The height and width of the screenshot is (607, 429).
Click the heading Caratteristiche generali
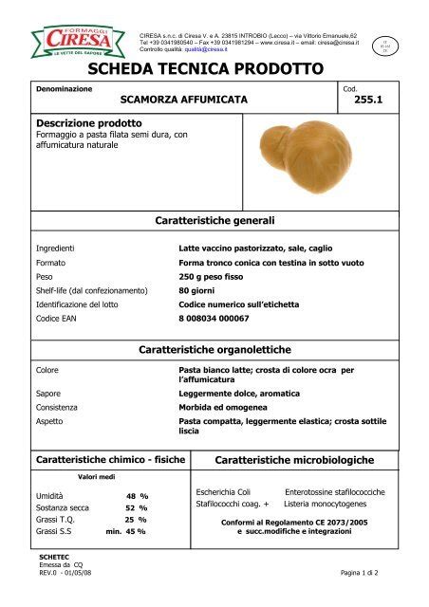[x=214, y=220]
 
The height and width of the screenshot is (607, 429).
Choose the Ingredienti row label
[x=55, y=248]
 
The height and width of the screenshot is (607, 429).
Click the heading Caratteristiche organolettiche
[x=214, y=350]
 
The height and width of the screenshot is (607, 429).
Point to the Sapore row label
[x=49, y=393]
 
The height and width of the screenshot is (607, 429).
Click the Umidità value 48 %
[x=137, y=496]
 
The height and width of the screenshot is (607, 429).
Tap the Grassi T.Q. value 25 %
[x=136, y=520]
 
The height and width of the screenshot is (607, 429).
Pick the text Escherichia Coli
[x=223, y=492]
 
